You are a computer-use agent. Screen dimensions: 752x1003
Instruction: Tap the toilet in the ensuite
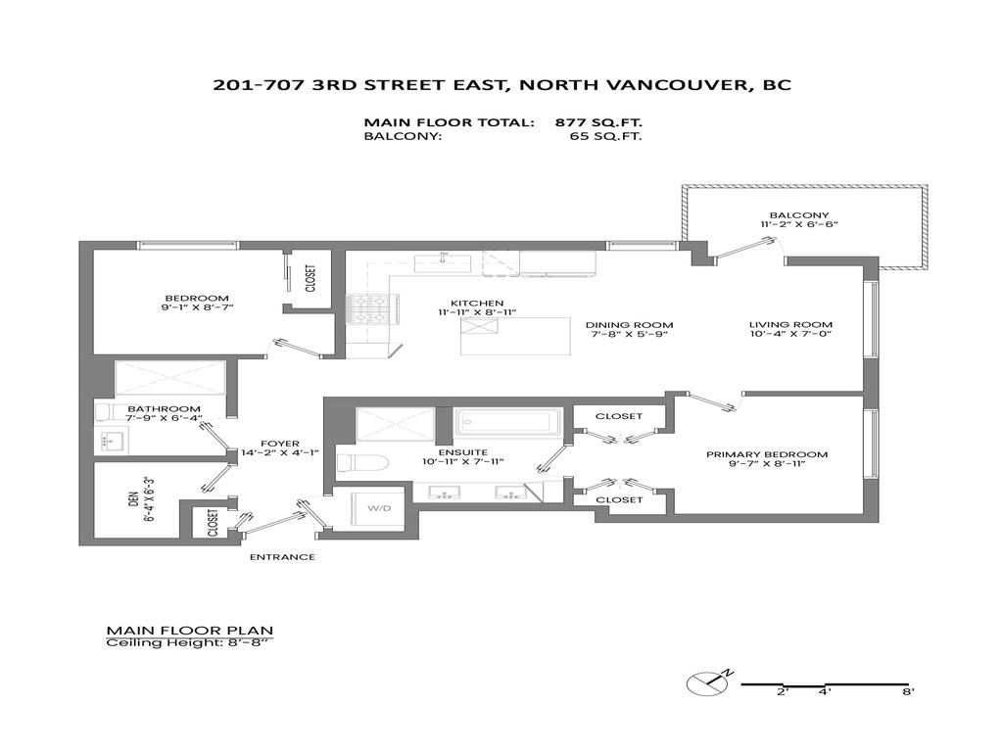tap(351, 462)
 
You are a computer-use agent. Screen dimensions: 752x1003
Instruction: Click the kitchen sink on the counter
tap(443, 262)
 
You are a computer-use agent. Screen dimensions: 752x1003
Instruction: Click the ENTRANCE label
tap(282, 557)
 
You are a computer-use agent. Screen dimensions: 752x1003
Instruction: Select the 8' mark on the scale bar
tap(908, 692)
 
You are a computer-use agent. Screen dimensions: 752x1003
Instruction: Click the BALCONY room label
tap(798, 216)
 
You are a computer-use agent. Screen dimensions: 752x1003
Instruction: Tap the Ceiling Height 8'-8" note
tap(188, 643)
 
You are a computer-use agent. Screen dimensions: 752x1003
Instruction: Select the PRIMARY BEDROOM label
tap(767, 454)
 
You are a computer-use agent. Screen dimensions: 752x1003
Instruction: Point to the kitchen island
tap(515, 337)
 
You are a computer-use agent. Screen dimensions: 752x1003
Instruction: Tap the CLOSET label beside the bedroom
tap(310, 279)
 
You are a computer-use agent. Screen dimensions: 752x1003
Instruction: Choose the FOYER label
tap(280, 443)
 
